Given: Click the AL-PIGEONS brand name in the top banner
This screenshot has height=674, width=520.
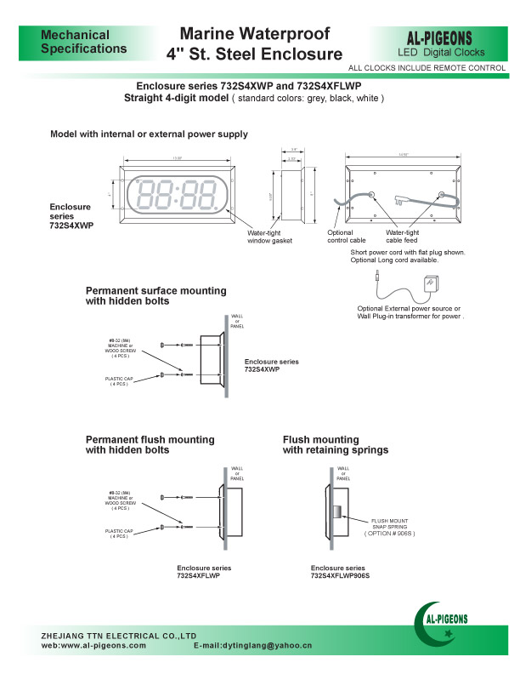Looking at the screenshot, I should tap(446, 38).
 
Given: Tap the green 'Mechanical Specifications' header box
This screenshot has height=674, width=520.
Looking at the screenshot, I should tap(84, 42).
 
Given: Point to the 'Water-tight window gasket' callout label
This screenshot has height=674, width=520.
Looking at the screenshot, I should tap(269, 237).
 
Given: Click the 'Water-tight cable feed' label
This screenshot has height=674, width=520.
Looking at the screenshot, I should tap(402, 237).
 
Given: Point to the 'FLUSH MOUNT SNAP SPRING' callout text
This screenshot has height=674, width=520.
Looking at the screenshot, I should tap(389, 527).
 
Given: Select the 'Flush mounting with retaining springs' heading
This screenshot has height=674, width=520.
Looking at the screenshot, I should tap(336, 444).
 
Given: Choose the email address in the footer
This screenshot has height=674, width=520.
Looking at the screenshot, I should tap(253, 647).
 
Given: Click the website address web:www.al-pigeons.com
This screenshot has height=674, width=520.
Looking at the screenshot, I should tap(93, 647).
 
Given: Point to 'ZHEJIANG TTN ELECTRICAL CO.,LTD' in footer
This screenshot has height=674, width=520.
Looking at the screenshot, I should tap(119, 636).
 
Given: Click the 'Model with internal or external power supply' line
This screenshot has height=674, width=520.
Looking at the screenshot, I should tap(149, 134).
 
